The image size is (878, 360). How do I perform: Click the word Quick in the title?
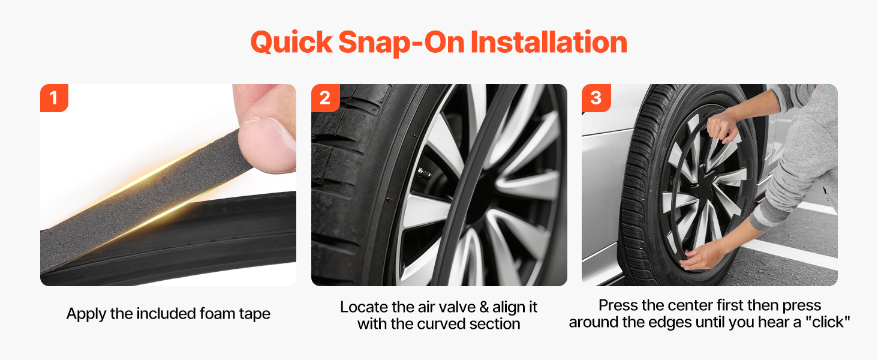(291, 43)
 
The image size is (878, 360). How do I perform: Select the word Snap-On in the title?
(401, 43)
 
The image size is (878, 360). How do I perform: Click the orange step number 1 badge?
(54, 98)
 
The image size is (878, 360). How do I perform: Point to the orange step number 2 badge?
(325, 98)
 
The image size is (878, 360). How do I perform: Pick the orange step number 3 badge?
(596, 98)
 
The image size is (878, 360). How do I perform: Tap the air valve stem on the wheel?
(425, 173)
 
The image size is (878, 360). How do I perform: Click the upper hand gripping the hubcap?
(721, 126)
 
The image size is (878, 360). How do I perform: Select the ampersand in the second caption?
(484, 307)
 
